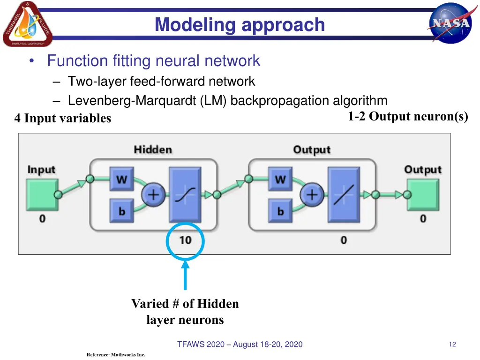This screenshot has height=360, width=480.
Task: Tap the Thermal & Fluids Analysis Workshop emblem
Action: [x=27, y=24]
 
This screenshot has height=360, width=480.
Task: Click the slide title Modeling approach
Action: [x=240, y=24]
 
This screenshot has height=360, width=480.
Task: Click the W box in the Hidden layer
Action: [x=121, y=179]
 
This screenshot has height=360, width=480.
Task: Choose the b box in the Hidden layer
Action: [x=121, y=211]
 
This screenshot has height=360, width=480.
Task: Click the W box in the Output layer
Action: [x=280, y=179]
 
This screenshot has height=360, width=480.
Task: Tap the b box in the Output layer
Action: [x=280, y=211]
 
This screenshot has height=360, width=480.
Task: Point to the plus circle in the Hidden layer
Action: [x=153, y=194]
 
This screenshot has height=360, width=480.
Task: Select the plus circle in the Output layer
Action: [x=312, y=194]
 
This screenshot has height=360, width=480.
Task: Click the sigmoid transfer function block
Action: [x=185, y=194]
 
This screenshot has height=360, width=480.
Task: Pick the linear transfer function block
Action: [x=344, y=194]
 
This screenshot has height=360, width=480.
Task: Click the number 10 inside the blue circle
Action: [x=185, y=240]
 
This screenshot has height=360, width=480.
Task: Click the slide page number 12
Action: [x=452, y=345]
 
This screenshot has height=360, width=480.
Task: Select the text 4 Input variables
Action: [x=62, y=119]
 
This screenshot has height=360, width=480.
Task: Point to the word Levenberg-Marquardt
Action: [x=133, y=101]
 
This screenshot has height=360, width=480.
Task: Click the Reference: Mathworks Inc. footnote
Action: [x=116, y=355]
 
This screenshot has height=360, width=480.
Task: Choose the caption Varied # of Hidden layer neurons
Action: [x=185, y=312]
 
